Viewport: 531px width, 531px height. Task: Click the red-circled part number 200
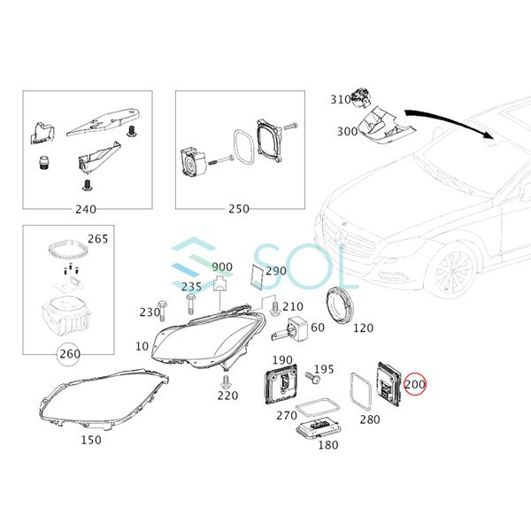pyautogui.click(x=414, y=386)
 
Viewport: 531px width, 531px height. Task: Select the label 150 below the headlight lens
pyautogui.click(x=90, y=440)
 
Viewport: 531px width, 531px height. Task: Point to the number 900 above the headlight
pyautogui.click(x=222, y=266)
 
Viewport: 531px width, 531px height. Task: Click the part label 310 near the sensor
pyautogui.click(x=341, y=100)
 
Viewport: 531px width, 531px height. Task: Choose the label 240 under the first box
pyautogui.click(x=86, y=210)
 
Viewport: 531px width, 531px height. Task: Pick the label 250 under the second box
pyautogui.click(x=238, y=210)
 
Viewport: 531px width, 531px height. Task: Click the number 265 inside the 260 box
pyautogui.click(x=97, y=240)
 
